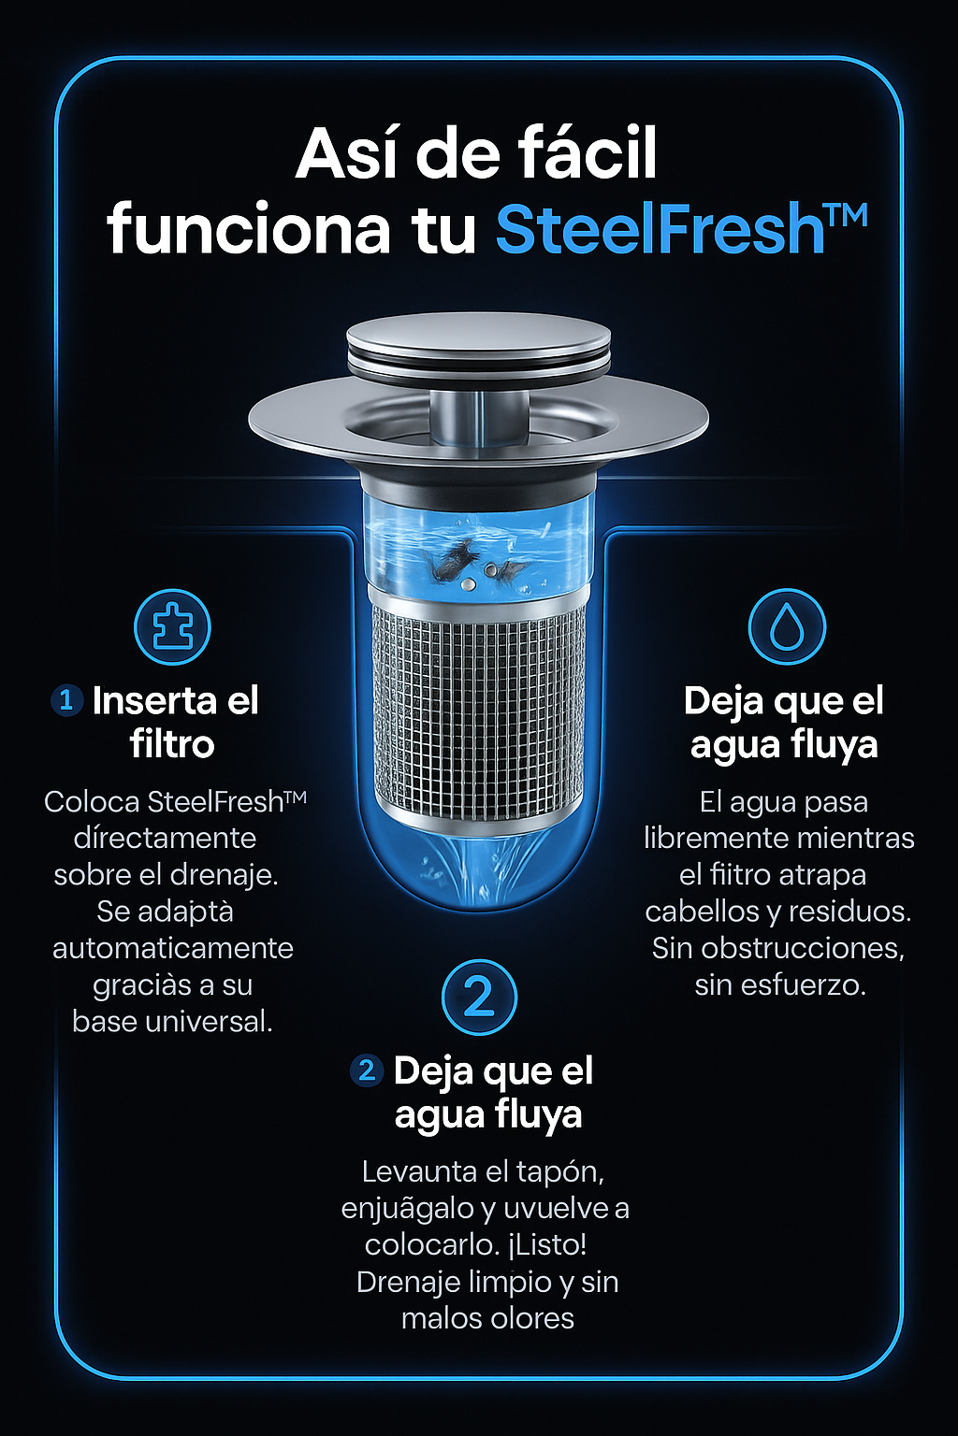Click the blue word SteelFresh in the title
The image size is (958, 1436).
660,229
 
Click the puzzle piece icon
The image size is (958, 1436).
172,626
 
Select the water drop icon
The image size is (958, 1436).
787,626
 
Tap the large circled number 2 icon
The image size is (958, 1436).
479,998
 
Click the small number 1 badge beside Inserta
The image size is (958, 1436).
66,700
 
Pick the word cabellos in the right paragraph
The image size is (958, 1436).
702,912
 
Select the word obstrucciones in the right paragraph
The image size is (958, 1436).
802,948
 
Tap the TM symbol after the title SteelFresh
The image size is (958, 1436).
846,215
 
